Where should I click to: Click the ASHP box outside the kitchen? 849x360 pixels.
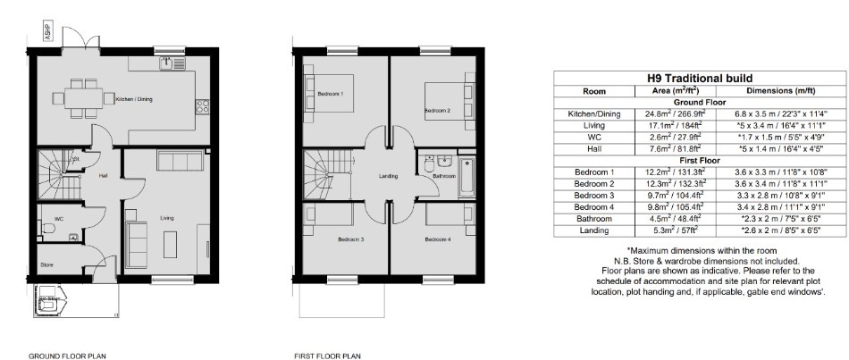[47, 32]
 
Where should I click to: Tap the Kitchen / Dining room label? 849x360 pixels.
[134, 99]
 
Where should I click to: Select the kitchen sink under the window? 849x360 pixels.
[172, 64]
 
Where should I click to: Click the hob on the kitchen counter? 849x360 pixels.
[203, 106]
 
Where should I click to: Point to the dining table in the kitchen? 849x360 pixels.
[83, 98]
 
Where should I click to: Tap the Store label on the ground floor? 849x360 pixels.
[47, 264]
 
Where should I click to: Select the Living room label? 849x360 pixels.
[167, 218]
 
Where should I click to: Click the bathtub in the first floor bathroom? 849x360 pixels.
[467, 177]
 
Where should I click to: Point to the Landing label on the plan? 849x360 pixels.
[388, 176]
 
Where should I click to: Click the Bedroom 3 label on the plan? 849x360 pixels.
[351, 239]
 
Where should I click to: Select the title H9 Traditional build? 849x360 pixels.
[700, 79]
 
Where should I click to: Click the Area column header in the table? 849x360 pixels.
[676, 91]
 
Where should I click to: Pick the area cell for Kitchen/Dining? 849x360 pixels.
[676, 114]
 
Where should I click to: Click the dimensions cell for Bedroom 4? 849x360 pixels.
[781, 207]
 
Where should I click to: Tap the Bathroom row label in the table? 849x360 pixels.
[594, 219]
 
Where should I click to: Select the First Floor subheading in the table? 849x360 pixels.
[700, 161]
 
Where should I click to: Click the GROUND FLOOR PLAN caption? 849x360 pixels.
[67, 356]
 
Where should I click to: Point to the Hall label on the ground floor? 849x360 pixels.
[103, 176]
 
